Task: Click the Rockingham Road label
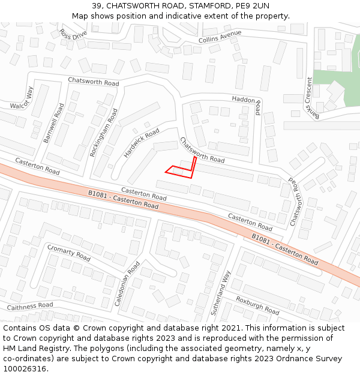tap(100, 132)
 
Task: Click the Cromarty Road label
tap(69, 253)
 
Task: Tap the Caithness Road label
tap(30, 306)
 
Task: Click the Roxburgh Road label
tap(257, 305)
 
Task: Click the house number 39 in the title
tap(97, 6)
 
